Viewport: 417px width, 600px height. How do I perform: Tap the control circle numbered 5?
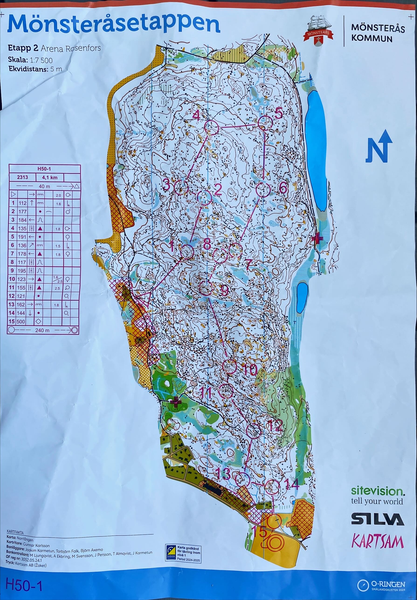(x=265, y=123)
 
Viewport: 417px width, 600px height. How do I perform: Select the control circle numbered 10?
(x=230, y=366)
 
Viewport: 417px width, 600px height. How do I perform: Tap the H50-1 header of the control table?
(x=44, y=169)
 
